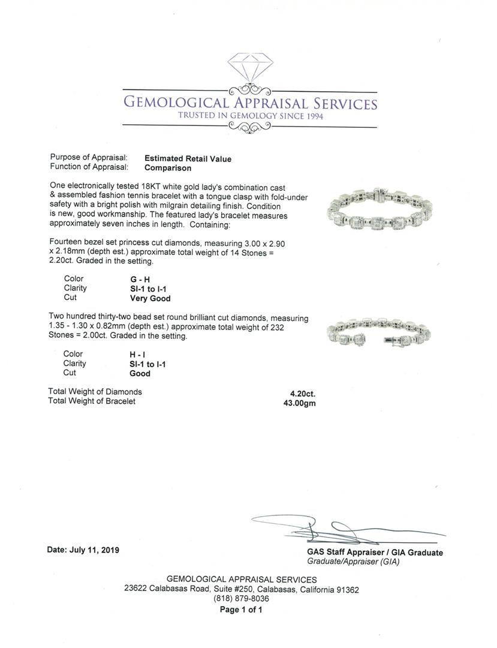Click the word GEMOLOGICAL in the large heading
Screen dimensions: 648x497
(x=175, y=103)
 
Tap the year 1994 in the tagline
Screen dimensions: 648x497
(x=311, y=116)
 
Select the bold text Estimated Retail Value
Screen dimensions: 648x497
(x=188, y=159)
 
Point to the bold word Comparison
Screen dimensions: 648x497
(x=168, y=169)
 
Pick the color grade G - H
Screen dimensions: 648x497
(x=140, y=279)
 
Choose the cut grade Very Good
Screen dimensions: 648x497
(x=150, y=298)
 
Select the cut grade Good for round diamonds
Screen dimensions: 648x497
(x=140, y=373)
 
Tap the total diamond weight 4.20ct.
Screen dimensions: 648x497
(x=303, y=394)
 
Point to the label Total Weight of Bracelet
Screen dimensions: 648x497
(x=92, y=401)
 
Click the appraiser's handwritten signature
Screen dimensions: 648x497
(x=336, y=529)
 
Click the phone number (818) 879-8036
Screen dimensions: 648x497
(x=241, y=599)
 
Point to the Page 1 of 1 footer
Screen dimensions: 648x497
(x=241, y=610)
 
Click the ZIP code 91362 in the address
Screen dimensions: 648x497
(x=348, y=590)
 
